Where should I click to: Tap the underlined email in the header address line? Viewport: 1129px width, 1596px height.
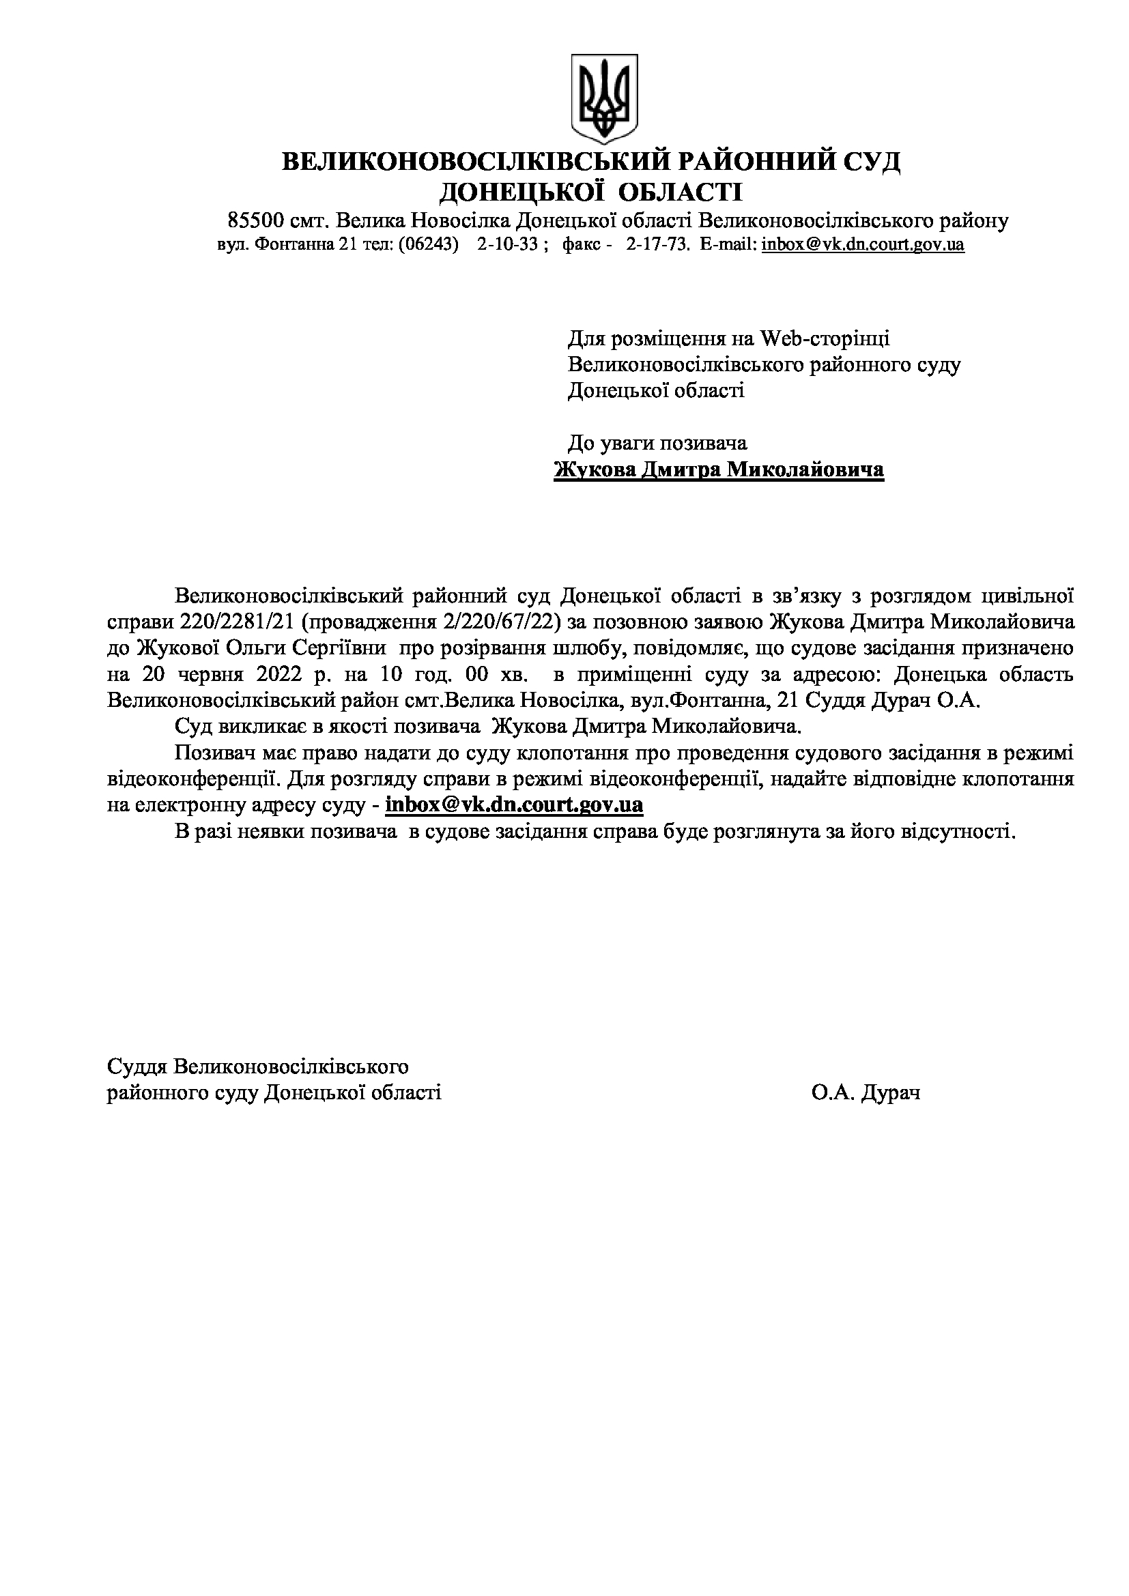863,245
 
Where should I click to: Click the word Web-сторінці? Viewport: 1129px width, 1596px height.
825,338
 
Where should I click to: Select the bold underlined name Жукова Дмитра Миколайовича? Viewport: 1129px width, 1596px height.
719,470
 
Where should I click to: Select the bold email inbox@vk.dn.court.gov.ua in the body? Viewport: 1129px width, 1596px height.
514,805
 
